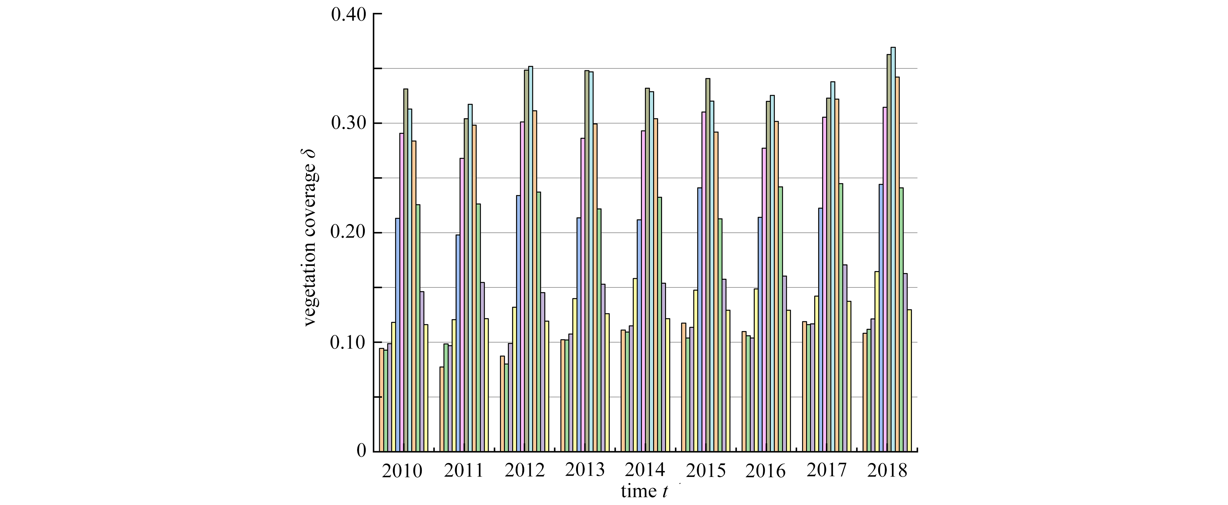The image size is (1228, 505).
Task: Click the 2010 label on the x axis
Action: tap(402, 471)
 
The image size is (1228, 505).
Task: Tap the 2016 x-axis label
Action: tap(765, 471)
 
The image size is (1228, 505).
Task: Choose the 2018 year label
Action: tap(887, 471)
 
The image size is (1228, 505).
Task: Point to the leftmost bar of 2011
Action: tap(442, 408)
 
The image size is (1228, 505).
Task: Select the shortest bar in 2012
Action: tap(506, 407)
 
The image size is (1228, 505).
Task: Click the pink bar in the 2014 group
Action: tap(643, 291)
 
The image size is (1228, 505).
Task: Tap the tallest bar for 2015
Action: tap(708, 264)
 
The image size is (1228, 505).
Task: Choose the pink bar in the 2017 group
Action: tap(824, 283)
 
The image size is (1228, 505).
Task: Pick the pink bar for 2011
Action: tap(462, 304)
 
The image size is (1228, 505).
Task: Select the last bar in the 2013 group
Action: tap(607, 382)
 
